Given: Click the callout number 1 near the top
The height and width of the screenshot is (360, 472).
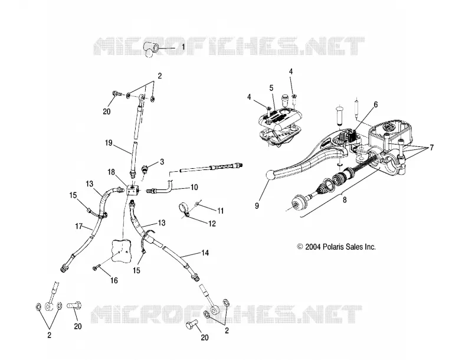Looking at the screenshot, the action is (x=183, y=47).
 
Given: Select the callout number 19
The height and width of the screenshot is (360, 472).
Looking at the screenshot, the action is (x=109, y=142).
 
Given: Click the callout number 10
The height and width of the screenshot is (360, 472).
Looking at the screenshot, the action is (x=194, y=187).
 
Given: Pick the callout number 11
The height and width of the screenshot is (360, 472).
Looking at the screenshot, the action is (x=221, y=211).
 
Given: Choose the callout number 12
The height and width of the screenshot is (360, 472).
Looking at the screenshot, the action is (x=212, y=223).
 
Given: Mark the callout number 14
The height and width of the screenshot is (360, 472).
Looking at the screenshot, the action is (x=205, y=253).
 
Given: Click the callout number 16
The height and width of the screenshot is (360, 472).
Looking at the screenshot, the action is (x=114, y=280).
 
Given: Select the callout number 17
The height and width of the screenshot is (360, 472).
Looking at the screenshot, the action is (x=78, y=226).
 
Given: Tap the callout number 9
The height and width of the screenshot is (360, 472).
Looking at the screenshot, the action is (x=257, y=206).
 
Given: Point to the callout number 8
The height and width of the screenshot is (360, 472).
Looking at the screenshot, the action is (x=345, y=199).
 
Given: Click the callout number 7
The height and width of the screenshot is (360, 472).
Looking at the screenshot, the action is (x=432, y=148).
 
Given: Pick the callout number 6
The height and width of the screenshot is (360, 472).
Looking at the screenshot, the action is (x=375, y=104).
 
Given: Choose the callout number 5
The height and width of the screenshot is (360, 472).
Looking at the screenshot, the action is (x=271, y=88).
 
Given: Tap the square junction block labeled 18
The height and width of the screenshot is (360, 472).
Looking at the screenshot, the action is (x=132, y=190).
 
